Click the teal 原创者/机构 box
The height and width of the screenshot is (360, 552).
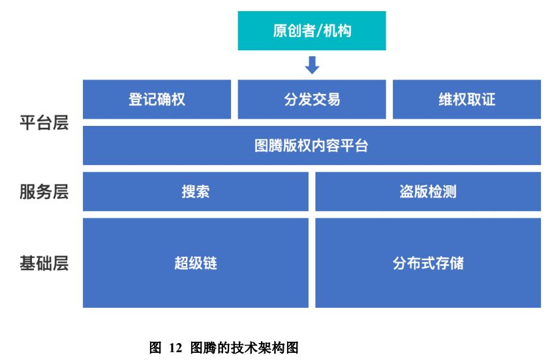(311, 31)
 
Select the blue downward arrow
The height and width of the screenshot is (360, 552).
(312, 65)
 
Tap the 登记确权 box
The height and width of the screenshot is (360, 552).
(157, 99)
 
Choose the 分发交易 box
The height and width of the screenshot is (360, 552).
(311, 99)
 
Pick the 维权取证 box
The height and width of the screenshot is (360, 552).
(467, 99)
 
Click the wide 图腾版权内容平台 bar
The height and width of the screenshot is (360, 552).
(311, 145)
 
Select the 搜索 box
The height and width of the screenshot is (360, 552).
(195, 192)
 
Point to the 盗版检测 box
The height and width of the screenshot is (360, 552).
(428, 192)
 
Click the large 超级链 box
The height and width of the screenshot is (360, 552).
(195, 263)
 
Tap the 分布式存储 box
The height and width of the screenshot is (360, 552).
(428, 263)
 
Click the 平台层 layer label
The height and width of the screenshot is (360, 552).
(44, 123)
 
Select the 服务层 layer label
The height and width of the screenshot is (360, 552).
(44, 192)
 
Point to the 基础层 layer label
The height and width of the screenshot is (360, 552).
(44, 263)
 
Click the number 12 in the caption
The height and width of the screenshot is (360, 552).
(176, 348)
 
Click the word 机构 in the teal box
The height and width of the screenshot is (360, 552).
(337, 31)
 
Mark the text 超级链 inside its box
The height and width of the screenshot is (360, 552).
(195, 263)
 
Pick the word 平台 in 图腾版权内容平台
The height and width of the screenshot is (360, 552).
(354, 145)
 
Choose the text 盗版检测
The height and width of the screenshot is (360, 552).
(428, 192)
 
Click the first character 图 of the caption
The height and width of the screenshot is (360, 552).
(155, 348)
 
